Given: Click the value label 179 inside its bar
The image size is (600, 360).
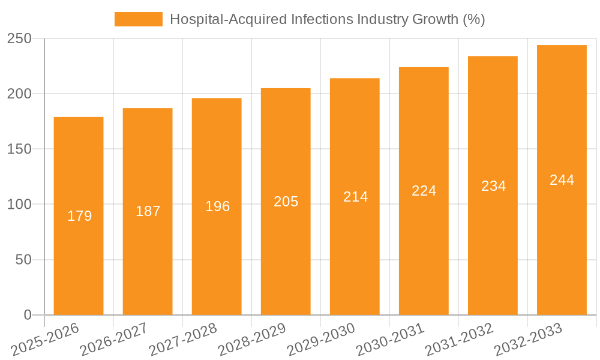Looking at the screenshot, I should [x=79, y=216].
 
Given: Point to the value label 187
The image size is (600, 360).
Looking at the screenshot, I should [x=148, y=211].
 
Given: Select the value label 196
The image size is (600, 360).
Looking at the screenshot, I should [x=217, y=206].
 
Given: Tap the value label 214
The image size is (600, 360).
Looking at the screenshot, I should [x=355, y=197].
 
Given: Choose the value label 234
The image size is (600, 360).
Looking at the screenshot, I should [x=493, y=186].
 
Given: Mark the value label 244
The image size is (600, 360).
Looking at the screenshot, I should [x=562, y=180].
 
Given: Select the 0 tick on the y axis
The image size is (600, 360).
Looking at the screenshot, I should [x=27, y=315].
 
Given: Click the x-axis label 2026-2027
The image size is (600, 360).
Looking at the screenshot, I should [x=114, y=339].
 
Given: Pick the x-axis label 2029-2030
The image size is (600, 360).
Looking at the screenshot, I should [x=321, y=339].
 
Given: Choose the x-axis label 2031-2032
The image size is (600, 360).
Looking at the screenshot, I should [x=459, y=339].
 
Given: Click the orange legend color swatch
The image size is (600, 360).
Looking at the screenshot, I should [x=139, y=19].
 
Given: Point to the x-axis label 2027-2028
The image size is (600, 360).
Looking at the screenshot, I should [x=183, y=339].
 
